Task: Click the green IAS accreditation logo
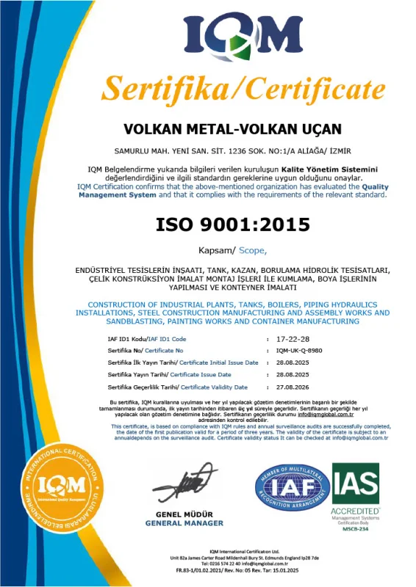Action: tap(356, 484)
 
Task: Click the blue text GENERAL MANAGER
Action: tap(184, 523)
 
